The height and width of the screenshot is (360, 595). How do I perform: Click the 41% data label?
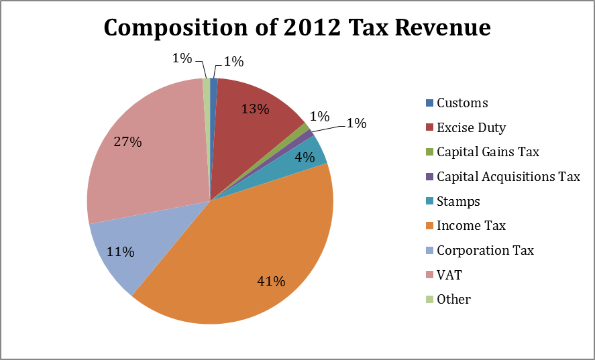(x=272, y=281)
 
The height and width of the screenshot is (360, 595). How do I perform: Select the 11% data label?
(x=121, y=252)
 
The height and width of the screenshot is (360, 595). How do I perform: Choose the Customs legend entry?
(x=462, y=103)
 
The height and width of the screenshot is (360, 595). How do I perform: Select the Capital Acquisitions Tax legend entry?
(x=508, y=177)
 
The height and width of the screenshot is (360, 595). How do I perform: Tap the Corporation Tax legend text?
(x=485, y=250)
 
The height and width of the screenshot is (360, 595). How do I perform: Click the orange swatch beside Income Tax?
(x=429, y=226)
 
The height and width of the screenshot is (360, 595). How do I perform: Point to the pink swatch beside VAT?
(x=429, y=275)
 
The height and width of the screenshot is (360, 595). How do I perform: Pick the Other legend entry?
(x=453, y=299)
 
